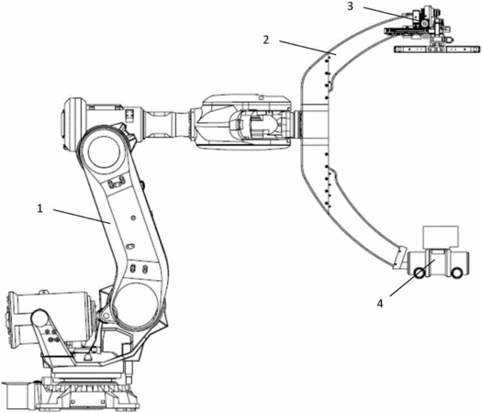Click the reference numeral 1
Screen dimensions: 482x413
click(39, 208)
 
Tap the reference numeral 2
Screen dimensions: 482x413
click(266, 39)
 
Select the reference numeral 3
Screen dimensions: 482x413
click(350, 6)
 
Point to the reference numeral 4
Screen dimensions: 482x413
click(380, 304)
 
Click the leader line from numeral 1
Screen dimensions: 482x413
click(82, 216)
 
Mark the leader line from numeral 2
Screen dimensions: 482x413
click(308, 48)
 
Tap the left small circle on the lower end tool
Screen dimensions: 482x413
click(420, 273)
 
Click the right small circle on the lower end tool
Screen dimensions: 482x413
click(456, 273)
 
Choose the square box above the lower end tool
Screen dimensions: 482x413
click(441, 236)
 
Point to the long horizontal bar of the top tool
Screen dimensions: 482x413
click(437, 50)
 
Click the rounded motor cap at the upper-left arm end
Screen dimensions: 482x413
click(68, 123)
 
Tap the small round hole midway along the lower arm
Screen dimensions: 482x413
click(133, 218)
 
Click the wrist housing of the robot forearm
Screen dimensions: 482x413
click(244, 122)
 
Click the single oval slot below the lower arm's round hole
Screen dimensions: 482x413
click(130, 246)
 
